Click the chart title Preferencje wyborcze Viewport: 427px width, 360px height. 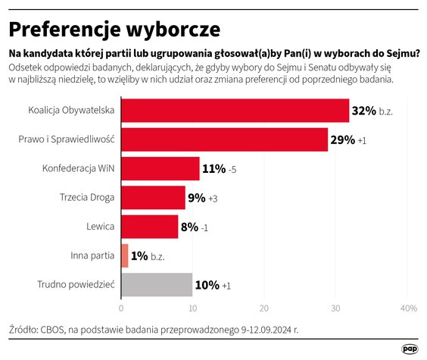pos(114,29)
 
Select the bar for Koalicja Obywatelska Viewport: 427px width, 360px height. pos(235,111)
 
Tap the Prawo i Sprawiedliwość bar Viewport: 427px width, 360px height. pos(224,139)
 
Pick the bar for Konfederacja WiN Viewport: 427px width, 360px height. pos(160,168)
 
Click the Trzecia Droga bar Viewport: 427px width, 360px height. pos(153,198)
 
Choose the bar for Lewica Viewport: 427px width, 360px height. pos(149,227)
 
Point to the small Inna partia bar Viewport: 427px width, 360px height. pos(124,255)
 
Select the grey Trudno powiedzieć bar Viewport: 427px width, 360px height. pos(156,285)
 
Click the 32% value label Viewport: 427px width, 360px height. pos(363,111)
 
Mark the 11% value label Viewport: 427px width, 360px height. pos(214,168)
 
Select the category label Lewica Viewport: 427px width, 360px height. pos(101,227)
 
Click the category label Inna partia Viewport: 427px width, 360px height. pos(95,255)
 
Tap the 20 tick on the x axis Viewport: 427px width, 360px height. pos(263,308)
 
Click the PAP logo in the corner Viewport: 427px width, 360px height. pos(410,348)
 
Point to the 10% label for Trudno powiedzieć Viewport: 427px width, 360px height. pos(207,285)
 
